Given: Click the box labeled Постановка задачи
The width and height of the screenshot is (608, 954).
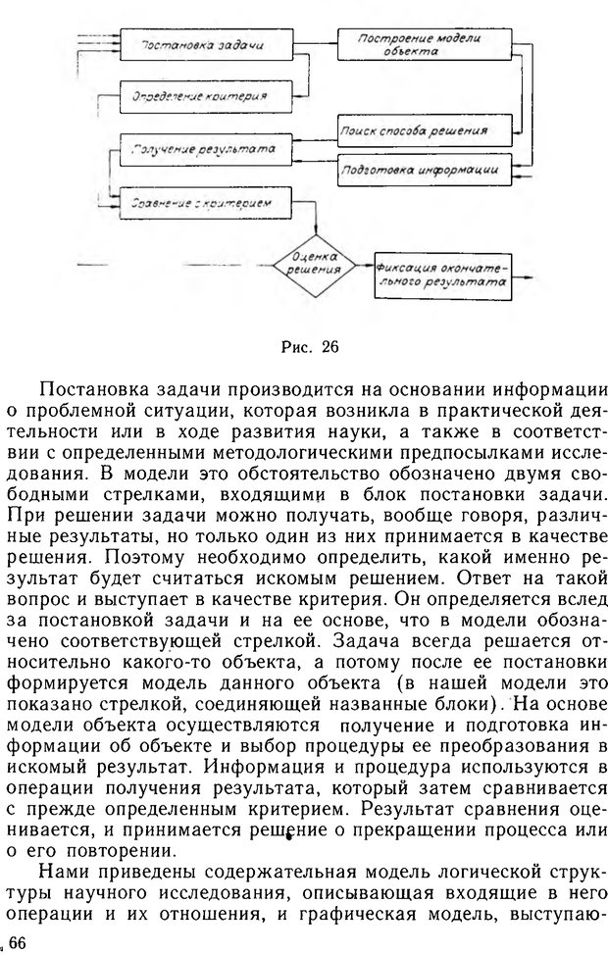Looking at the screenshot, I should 206,46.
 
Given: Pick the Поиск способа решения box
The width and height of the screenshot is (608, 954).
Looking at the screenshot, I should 425,128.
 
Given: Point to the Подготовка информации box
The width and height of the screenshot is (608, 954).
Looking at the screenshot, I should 425,168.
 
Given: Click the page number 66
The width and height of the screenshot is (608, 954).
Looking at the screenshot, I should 17,942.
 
